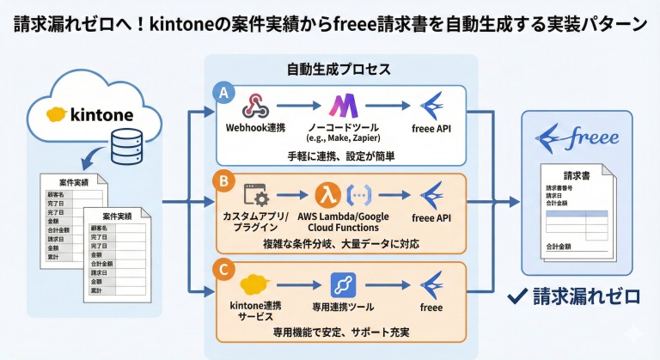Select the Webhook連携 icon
[x=255, y=106]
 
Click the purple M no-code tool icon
[x=344, y=106]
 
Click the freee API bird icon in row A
[x=431, y=106]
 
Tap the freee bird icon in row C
[x=431, y=284]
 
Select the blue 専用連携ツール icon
[x=342, y=284]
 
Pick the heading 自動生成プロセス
[x=339, y=68]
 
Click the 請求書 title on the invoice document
[x=575, y=175]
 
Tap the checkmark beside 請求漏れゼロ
[x=516, y=297]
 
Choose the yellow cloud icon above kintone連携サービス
[x=255, y=284]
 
